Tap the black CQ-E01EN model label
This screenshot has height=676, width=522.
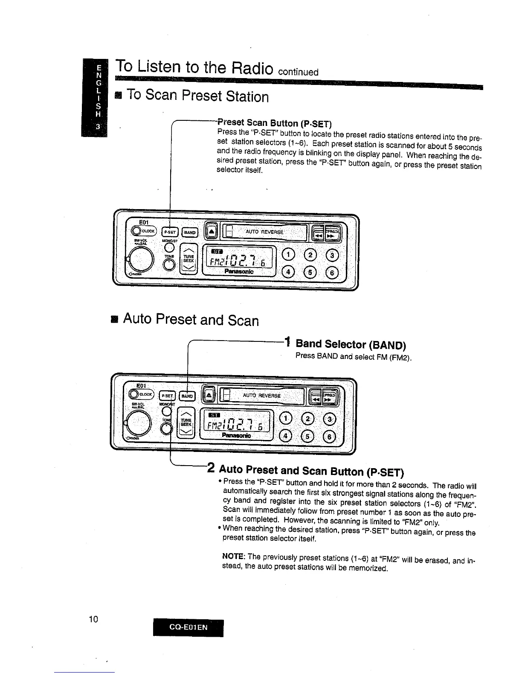coord(188,627)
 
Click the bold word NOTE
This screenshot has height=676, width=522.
coord(233,557)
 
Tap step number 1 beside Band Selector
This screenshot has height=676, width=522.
coord(288,342)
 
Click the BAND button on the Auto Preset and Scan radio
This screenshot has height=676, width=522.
coord(187,396)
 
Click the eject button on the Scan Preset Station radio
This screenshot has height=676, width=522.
coord(211,231)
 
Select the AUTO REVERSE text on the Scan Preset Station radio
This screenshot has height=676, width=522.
coord(264,232)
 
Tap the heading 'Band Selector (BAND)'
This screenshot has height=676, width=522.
coord(351,344)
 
